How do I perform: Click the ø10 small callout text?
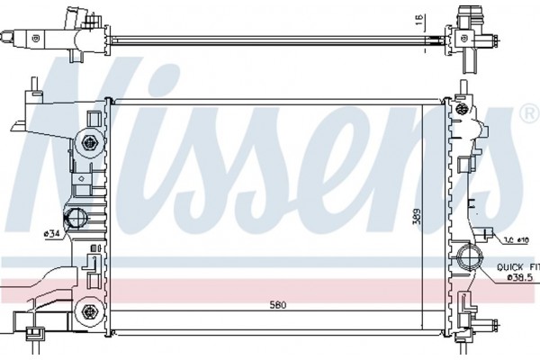point(514,238)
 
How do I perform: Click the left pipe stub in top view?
point(13,39)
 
